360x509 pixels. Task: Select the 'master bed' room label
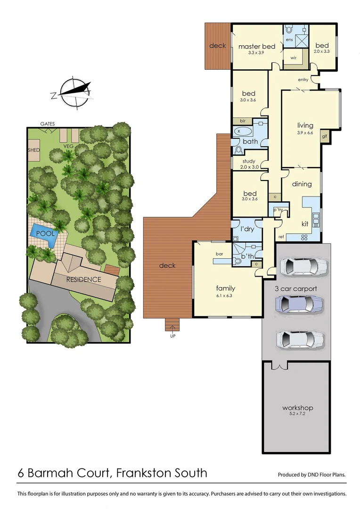(x=256, y=47)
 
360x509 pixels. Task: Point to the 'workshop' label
(x=297, y=408)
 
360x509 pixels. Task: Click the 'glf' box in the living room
(x=324, y=137)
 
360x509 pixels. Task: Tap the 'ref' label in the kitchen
(x=281, y=236)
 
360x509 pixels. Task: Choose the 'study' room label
(x=249, y=161)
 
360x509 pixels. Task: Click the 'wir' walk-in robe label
(x=293, y=58)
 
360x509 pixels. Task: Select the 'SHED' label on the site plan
(x=33, y=150)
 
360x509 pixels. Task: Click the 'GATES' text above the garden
(x=48, y=124)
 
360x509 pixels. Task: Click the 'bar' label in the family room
(x=219, y=254)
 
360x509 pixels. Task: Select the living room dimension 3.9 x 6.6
(x=305, y=133)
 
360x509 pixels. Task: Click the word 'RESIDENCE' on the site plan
(x=83, y=279)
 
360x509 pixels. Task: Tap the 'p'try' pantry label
(x=278, y=210)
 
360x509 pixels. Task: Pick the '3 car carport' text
(x=295, y=288)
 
